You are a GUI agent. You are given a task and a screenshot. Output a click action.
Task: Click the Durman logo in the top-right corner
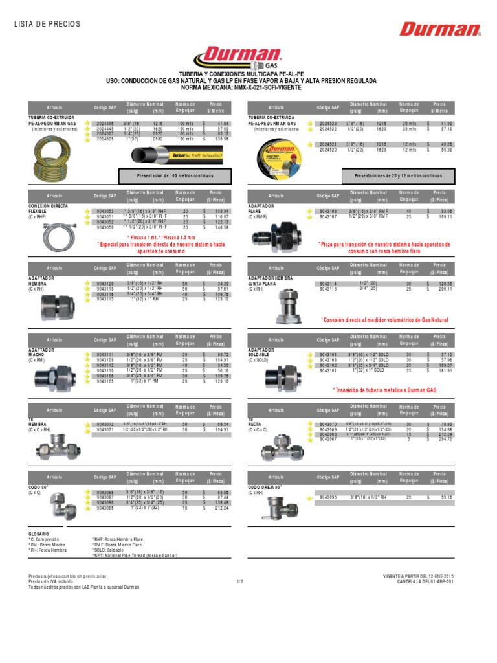(440, 28)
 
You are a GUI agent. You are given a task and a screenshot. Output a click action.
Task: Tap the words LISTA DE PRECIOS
(47, 24)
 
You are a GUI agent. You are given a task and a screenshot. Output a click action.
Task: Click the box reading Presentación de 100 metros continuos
(176, 175)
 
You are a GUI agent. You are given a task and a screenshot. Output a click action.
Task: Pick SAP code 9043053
(105, 212)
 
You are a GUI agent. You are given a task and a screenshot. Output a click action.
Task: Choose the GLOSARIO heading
(39, 534)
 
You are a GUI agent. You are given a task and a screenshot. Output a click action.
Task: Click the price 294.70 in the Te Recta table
(443, 438)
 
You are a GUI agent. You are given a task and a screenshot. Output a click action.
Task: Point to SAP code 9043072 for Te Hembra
(105, 423)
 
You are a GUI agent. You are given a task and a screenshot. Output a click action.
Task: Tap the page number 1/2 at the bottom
(239, 581)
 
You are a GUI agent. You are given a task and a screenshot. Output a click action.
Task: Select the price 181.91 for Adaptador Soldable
(443, 370)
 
